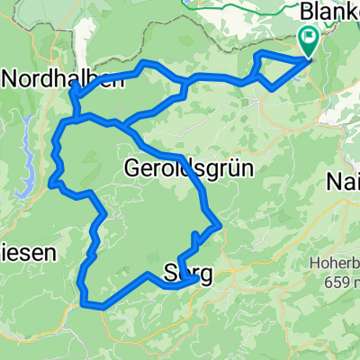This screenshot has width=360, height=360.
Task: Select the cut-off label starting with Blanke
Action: [x=328, y=11]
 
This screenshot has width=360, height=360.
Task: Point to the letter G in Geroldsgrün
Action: [x=131, y=168]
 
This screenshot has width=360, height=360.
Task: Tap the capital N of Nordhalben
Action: [x=11, y=78]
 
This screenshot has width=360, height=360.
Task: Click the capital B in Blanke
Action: [x=307, y=11]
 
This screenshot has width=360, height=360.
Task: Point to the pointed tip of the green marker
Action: [x=308, y=58]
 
